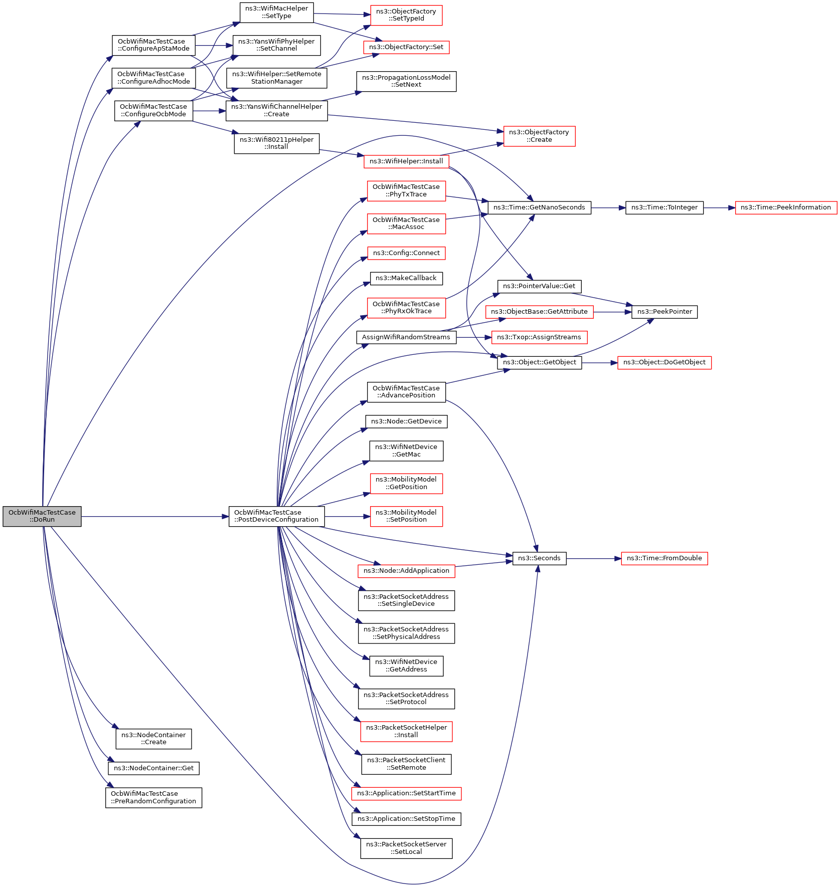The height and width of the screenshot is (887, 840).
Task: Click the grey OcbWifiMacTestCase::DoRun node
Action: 42,516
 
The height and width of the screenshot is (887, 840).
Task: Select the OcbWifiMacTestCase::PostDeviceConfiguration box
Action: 276,516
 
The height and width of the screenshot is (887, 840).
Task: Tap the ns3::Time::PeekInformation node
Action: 785,207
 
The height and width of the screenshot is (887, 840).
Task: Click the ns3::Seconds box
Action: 539,558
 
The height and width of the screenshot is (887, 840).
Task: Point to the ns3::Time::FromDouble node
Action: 664,558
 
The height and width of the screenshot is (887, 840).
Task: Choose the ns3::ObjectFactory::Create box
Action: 539,136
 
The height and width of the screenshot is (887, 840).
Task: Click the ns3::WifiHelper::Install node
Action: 406,161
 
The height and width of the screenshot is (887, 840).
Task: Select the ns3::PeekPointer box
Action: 664,312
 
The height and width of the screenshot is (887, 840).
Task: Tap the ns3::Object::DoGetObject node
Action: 664,362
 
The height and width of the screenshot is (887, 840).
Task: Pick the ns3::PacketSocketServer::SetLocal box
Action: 406,848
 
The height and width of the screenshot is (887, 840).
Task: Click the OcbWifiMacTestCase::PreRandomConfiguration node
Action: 153,797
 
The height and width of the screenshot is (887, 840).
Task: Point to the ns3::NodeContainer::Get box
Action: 153,768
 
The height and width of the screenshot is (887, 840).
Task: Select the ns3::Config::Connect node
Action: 406,253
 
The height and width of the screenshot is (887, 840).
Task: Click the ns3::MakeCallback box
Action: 406,278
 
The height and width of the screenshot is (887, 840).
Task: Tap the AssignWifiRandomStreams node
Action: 406,337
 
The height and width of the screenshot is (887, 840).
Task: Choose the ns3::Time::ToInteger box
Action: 664,207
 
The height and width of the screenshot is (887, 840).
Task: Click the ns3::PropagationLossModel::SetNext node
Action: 406,81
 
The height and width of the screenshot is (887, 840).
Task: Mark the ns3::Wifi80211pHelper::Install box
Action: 276,143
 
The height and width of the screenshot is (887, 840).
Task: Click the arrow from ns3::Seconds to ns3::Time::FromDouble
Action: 594,558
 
